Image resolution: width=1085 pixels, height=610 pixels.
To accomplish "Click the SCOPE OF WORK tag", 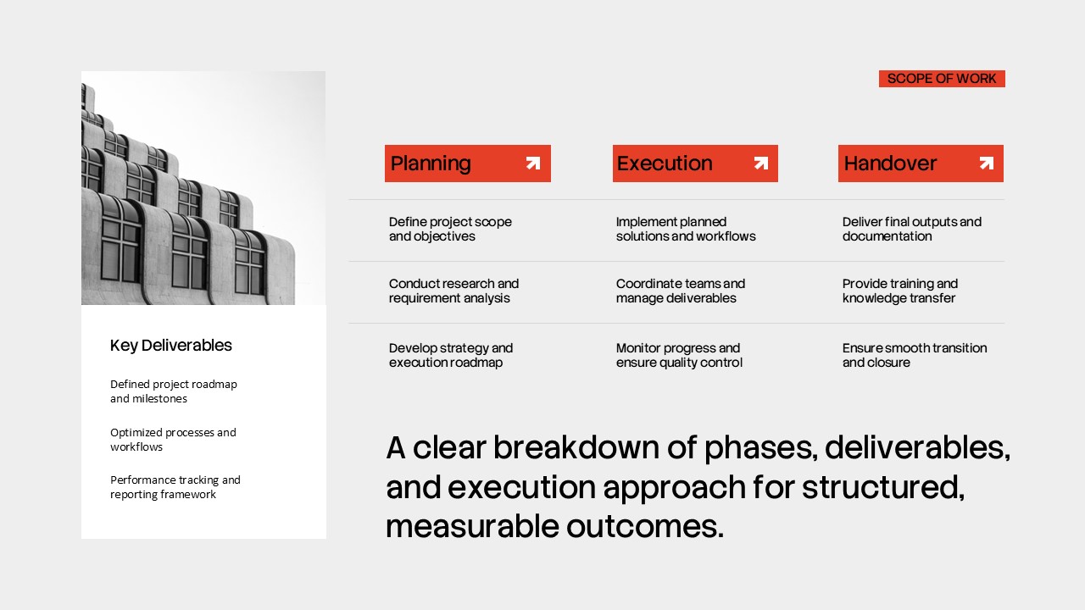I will pyautogui.click(x=942, y=79).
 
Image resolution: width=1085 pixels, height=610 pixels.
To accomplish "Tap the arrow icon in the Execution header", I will pyautogui.click(x=760, y=164).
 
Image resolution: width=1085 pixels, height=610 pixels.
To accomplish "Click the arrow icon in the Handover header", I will pyautogui.click(x=987, y=164).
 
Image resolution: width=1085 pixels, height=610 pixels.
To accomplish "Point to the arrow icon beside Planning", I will pyautogui.click(x=532, y=164).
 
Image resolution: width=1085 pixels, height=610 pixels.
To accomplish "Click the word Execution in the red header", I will pyautogui.click(x=665, y=164).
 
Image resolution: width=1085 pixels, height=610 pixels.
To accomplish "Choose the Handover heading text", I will pyautogui.click(x=890, y=164).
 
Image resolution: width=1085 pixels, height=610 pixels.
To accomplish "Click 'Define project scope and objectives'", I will pyautogui.click(x=450, y=229).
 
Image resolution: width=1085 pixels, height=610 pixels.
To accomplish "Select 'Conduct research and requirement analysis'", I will pyautogui.click(x=453, y=291).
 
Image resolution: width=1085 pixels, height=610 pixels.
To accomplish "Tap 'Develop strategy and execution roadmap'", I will pyautogui.click(x=451, y=355).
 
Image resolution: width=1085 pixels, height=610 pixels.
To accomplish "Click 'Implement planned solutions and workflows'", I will pyautogui.click(x=685, y=229).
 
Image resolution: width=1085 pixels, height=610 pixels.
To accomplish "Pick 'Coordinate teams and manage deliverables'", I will pyautogui.click(x=680, y=291).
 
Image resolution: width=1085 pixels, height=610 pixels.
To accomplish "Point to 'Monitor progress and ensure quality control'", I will pyautogui.click(x=679, y=355).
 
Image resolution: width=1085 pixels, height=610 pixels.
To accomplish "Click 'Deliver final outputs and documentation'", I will pyautogui.click(x=911, y=229).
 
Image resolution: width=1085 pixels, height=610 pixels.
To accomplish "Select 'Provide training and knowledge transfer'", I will pyautogui.click(x=899, y=291).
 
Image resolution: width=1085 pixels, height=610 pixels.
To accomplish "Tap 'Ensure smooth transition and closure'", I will pyautogui.click(x=914, y=355).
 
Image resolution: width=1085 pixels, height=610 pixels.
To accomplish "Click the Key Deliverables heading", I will pyautogui.click(x=171, y=345).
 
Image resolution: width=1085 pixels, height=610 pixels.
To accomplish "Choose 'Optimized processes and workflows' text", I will pyautogui.click(x=173, y=439).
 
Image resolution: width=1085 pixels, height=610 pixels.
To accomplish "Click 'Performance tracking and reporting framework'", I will pyautogui.click(x=175, y=486).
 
